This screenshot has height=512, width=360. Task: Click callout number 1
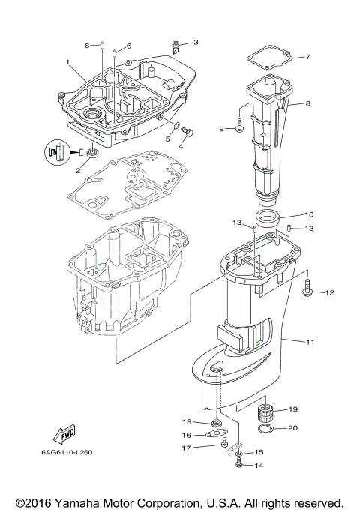coord(67,61)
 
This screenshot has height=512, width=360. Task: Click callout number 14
coord(259,465)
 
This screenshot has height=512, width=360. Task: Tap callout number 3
coord(196,43)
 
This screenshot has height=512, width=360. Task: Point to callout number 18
coord(187,422)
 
